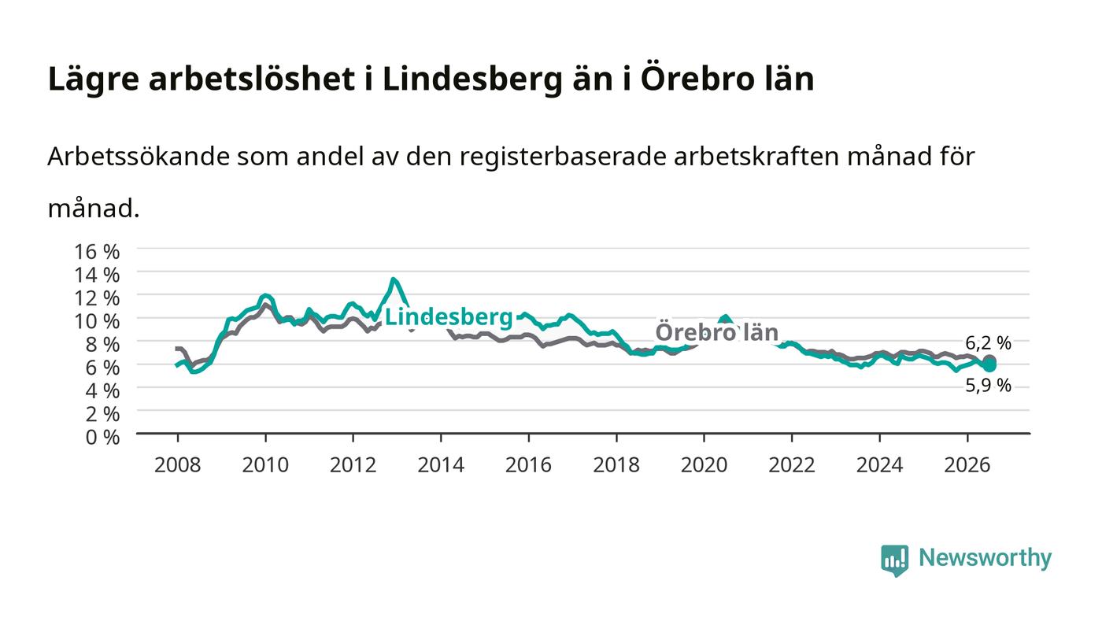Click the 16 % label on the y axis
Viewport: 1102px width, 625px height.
click(96, 252)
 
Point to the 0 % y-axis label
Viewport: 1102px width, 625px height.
click(102, 438)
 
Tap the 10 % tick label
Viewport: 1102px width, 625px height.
click(96, 321)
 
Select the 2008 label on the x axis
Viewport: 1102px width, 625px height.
click(178, 465)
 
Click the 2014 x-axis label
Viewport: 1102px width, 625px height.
click(441, 465)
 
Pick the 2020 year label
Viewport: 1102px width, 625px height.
click(704, 465)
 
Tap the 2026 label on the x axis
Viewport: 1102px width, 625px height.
click(967, 465)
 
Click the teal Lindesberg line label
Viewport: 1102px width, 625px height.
click(449, 317)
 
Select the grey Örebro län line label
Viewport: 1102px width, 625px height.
click(717, 333)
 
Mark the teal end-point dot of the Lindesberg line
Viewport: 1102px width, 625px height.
click(990, 366)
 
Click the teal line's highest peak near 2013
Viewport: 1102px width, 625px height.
click(393, 279)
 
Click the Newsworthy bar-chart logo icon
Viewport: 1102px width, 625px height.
click(894, 560)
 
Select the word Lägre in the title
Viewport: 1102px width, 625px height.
click(94, 80)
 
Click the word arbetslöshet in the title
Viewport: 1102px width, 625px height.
click(251, 79)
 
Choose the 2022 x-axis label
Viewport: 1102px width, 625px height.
click(792, 465)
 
